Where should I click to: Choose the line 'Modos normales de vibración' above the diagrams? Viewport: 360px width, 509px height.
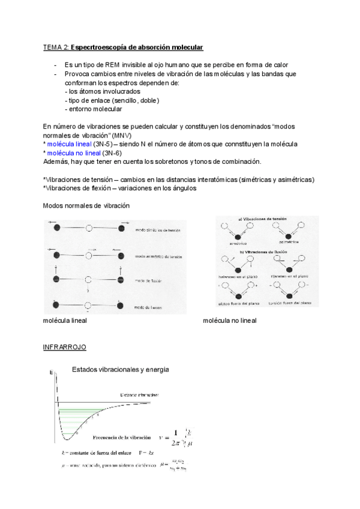point(86,205)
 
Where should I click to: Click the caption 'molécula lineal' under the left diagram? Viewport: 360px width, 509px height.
point(65,321)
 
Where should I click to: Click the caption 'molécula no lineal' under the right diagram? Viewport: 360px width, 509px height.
point(230,321)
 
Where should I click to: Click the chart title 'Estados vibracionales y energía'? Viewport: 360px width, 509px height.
point(121,370)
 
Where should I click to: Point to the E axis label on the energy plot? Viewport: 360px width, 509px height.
point(52,373)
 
